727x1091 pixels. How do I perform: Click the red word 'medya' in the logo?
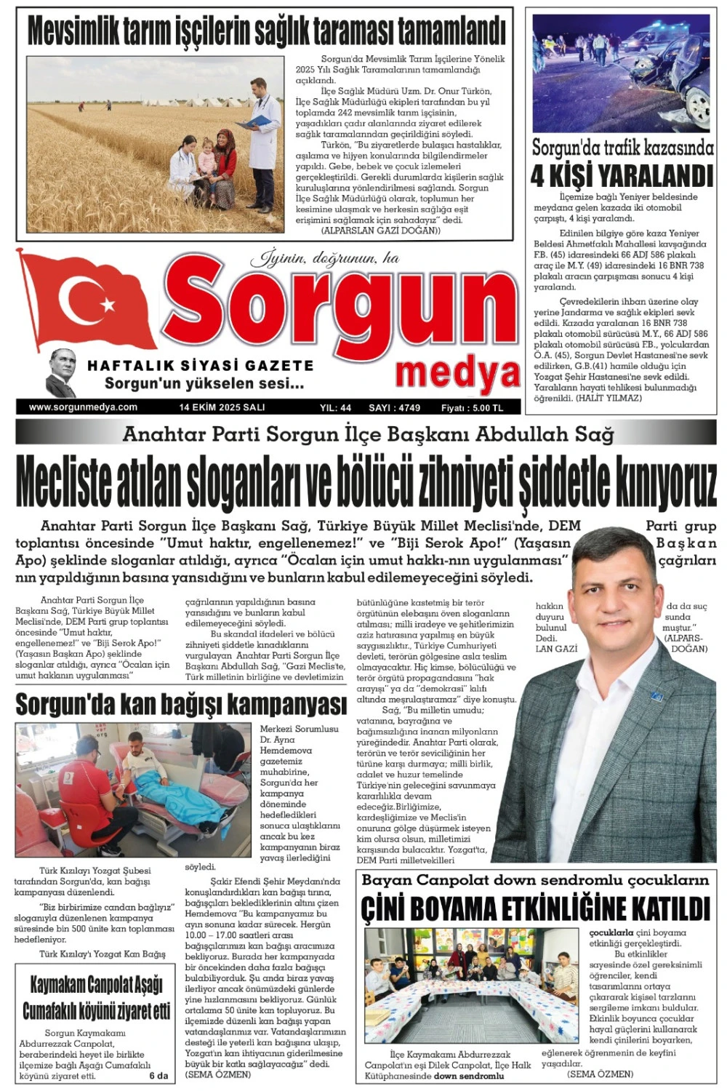[x=458, y=373]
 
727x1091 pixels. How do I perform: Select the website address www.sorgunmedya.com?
[x=83, y=407]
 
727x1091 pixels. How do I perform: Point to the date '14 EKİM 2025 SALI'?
[x=222, y=407]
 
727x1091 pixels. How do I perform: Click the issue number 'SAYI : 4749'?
[x=394, y=408]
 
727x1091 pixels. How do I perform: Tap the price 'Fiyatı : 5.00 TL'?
[x=472, y=408]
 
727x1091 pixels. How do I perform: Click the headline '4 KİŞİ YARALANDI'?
[x=622, y=175]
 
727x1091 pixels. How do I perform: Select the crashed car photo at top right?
[x=622, y=73]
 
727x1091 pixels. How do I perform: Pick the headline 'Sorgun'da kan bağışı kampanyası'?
[x=181, y=704]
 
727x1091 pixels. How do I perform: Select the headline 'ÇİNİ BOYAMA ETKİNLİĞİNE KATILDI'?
[x=534, y=908]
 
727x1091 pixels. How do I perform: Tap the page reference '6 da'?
[x=158, y=1076]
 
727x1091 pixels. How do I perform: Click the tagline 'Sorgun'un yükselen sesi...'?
[x=204, y=383]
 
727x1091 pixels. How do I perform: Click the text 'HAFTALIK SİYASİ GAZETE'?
[x=200, y=365]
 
